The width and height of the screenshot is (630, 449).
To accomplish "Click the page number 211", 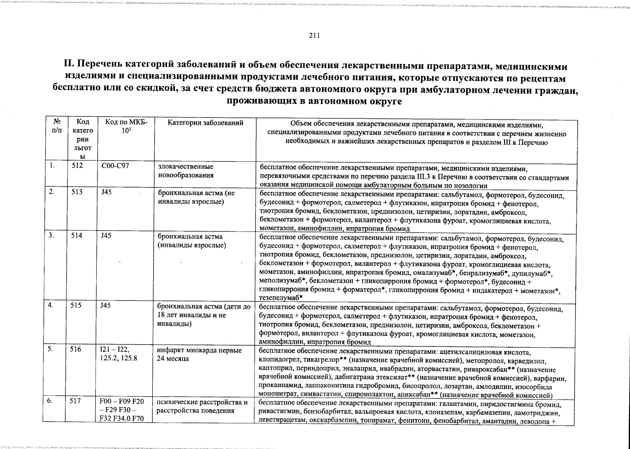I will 314,36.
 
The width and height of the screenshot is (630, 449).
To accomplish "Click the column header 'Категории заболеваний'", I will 205,123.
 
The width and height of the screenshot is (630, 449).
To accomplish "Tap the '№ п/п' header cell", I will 58,126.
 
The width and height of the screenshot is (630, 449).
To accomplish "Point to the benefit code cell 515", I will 77,305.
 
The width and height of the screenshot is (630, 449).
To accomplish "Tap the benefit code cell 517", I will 77,401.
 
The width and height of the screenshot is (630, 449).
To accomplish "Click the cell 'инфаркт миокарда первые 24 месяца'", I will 199,354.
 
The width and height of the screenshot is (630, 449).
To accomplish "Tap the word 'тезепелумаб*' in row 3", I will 281,298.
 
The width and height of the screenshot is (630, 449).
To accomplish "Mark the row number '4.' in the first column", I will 51,305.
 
